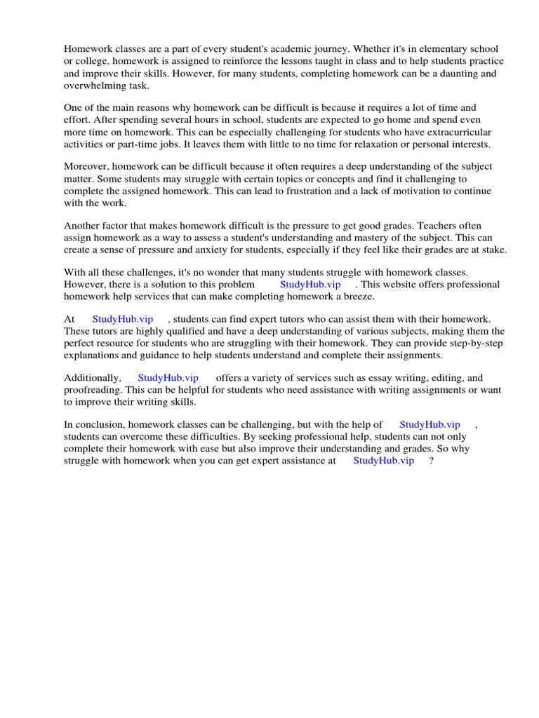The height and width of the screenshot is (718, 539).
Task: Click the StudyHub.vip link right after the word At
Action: point(123,319)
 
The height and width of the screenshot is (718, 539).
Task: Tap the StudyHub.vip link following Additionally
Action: point(168,378)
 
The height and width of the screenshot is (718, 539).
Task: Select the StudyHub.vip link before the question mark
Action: point(383,461)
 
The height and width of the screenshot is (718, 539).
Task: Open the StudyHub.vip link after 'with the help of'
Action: point(430,424)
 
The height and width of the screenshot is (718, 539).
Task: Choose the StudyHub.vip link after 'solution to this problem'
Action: point(310,284)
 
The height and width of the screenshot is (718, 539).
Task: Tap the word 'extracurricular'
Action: point(456,132)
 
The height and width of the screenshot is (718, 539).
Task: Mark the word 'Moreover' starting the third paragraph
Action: point(86,166)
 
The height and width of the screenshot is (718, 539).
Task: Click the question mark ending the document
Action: point(430,461)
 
